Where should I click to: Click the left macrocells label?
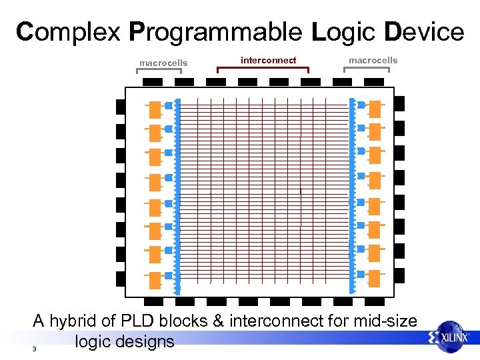point(163,63)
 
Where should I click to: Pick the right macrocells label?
point(373,61)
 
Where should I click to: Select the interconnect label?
point(268,61)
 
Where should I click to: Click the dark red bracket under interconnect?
point(263,67)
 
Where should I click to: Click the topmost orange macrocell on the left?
point(155,109)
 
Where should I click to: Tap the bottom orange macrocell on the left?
point(155,279)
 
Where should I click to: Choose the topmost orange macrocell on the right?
point(375,107)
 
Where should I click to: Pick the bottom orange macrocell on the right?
point(375,277)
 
